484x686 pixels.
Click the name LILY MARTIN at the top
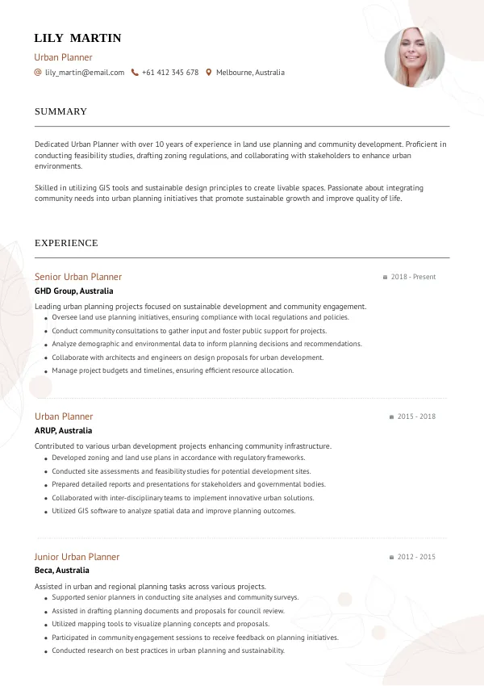(x=77, y=38)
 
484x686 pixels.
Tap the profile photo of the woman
(x=415, y=58)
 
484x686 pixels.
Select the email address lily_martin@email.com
(x=85, y=73)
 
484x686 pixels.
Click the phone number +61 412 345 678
(x=169, y=73)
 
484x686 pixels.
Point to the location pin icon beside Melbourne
(x=209, y=73)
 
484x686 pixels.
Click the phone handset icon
(x=135, y=73)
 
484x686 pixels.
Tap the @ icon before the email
(x=38, y=73)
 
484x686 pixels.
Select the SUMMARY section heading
(x=60, y=111)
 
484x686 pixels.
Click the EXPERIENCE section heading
(x=66, y=243)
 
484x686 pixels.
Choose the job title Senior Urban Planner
(x=78, y=277)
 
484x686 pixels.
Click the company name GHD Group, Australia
(x=74, y=291)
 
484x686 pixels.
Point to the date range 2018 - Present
(x=413, y=277)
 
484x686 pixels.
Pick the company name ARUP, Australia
(x=64, y=430)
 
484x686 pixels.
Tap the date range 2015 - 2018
(x=416, y=416)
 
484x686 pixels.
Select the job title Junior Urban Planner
(x=77, y=557)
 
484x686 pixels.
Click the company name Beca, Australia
(x=62, y=571)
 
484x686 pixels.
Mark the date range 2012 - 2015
(x=416, y=557)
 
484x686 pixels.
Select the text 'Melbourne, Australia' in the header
(x=250, y=73)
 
